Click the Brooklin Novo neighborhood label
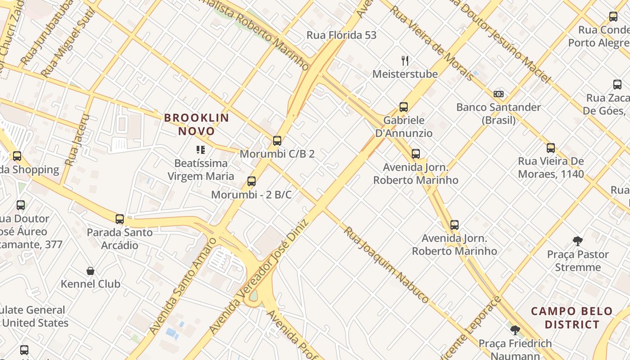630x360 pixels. [x=197, y=125]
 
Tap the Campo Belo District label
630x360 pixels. [x=572, y=318]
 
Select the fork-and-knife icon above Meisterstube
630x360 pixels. [x=405, y=61]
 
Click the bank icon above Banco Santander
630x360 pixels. [x=498, y=94]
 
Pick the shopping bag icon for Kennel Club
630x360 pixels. [x=90, y=271]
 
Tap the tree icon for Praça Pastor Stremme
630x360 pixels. [x=578, y=241]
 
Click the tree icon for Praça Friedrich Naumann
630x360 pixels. [x=515, y=331]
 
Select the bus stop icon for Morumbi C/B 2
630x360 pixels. [x=277, y=141]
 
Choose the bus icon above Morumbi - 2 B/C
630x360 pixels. [x=252, y=181]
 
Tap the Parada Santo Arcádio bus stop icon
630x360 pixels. [x=119, y=219]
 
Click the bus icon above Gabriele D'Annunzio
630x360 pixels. [x=404, y=107]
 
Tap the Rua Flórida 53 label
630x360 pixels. [x=341, y=35]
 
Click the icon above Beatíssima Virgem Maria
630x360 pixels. [x=201, y=150]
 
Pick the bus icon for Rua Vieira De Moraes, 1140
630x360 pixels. [x=551, y=148]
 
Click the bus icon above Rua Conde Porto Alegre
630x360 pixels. [x=613, y=17]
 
